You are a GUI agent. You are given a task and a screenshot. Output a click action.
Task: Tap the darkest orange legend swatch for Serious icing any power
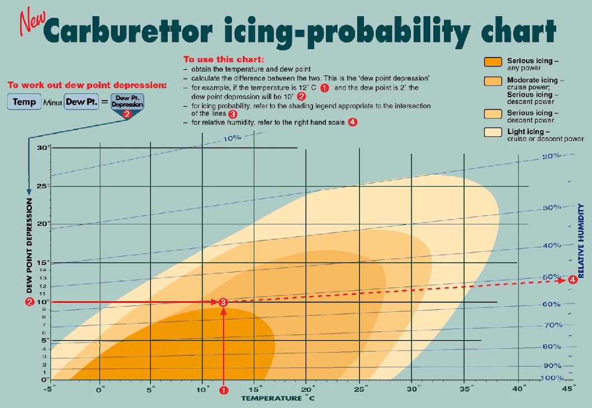click(x=493, y=62)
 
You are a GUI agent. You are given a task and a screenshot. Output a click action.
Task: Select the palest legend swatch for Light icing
click(x=493, y=133)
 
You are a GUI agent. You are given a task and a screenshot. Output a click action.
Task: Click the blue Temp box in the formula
click(x=25, y=102)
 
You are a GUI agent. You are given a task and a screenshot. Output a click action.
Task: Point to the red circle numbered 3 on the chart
click(x=223, y=302)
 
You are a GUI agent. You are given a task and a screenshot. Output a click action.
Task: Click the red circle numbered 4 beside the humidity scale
click(x=572, y=280)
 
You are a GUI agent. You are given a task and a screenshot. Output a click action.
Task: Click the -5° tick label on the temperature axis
click(x=51, y=388)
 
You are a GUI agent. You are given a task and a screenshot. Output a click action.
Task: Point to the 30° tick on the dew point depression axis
click(x=43, y=148)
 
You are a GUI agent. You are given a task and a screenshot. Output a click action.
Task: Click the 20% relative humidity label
click(x=551, y=156)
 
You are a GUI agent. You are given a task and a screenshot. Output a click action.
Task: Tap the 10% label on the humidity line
click(x=232, y=137)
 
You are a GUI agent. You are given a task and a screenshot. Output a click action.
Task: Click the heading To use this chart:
click(x=224, y=59)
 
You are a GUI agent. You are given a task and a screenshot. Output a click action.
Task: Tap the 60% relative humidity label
click(x=551, y=304)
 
